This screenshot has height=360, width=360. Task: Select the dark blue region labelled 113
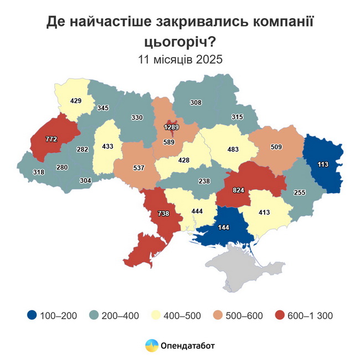point(323,164)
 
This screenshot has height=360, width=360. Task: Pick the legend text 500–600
point(244,316)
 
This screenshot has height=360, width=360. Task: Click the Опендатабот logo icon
point(151,346)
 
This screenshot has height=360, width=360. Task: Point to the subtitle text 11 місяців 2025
point(180,59)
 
